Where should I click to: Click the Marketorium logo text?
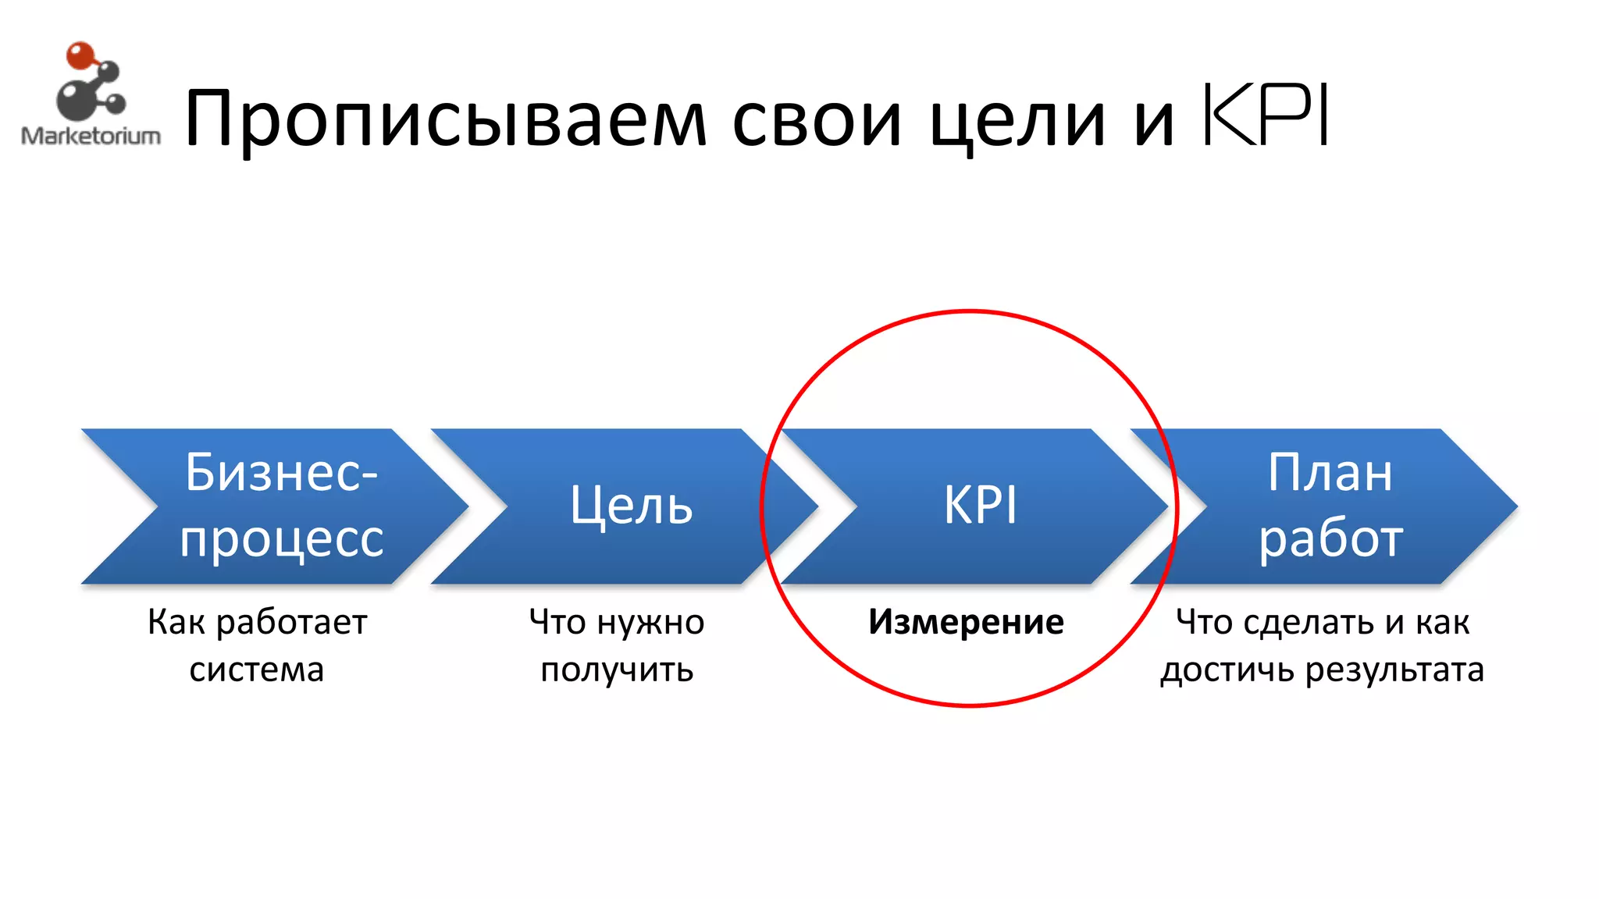pyautogui.click(x=91, y=136)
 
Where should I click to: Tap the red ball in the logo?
pyautogui.click(x=80, y=56)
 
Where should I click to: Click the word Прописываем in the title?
pyautogui.click(x=445, y=119)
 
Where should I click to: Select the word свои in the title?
pyautogui.click(x=817, y=119)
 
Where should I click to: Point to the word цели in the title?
pyautogui.click(x=1017, y=119)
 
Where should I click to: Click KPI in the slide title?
pyautogui.click(x=1265, y=115)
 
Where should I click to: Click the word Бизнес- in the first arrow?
pyautogui.click(x=281, y=472)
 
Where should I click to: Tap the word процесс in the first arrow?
pyautogui.click(x=282, y=538)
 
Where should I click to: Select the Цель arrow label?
pyautogui.click(x=631, y=506)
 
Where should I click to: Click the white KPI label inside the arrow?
pyautogui.click(x=980, y=506)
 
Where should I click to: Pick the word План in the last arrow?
pyautogui.click(x=1330, y=472)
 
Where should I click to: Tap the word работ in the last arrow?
pyautogui.click(x=1330, y=538)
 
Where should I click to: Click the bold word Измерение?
pyautogui.click(x=966, y=622)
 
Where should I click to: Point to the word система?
pyautogui.click(x=256, y=670)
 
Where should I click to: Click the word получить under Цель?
pyautogui.click(x=617, y=670)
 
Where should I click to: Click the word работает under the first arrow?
pyautogui.click(x=291, y=623)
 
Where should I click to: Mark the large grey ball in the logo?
pyautogui.click(x=76, y=100)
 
